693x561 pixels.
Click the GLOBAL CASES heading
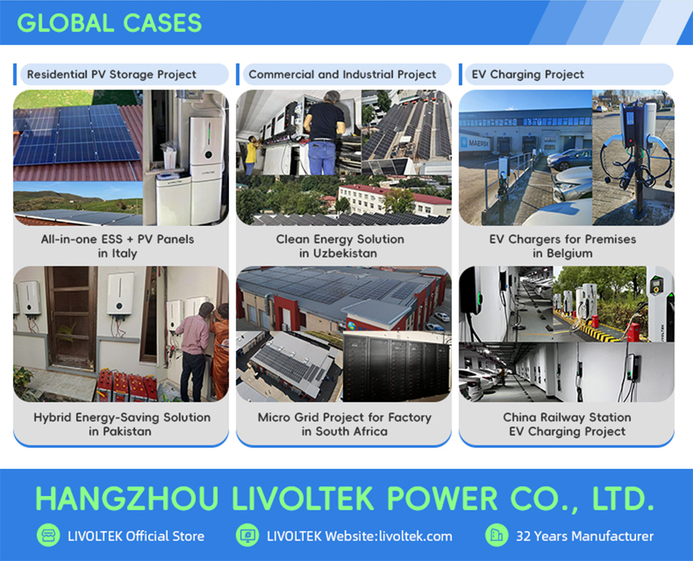click(x=109, y=23)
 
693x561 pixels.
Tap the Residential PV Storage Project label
click(x=111, y=75)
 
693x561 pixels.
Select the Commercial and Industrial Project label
click(x=342, y=75)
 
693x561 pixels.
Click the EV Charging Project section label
click(x=528, y=75)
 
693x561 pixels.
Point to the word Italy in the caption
click(x=124, y=254)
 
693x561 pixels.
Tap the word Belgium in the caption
click(x=569, y=253)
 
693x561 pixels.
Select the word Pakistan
click(x=127, y=432)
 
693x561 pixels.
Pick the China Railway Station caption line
click(x=567, y=417)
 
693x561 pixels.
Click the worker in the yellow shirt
click(x=251, y=154)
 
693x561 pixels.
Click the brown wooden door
click(x=71, y=318)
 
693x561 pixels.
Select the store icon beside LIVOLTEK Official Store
click(x=48, y=535)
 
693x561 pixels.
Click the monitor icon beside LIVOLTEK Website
click(x=247, y=535)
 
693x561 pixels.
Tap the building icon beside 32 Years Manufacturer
click(x=497, y=535)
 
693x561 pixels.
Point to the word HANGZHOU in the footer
click(x=127, y=499)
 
